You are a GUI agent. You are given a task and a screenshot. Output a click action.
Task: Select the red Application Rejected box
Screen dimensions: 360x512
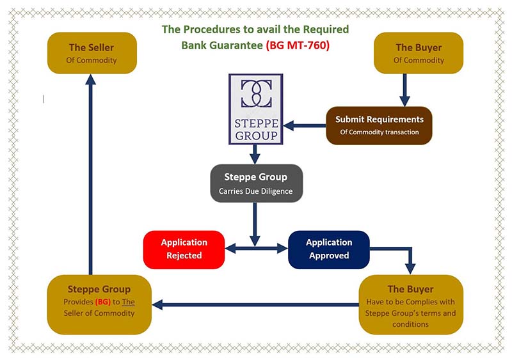pos(184,249)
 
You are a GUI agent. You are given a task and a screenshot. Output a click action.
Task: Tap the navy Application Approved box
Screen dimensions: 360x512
pos(329,249)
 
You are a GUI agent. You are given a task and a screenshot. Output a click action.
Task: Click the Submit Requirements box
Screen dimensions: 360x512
pos(379,125)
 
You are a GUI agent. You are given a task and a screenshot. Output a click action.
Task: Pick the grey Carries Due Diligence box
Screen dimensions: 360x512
pos(256,183)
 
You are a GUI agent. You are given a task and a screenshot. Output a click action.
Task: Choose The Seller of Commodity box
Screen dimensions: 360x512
pos(92,53)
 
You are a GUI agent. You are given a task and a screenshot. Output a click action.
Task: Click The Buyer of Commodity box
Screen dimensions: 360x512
pos(419,53)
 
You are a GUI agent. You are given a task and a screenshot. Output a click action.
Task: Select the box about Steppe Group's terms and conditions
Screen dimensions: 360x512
pos(410,304)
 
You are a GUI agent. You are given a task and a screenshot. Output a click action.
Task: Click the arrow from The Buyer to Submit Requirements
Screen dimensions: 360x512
pos(404,90)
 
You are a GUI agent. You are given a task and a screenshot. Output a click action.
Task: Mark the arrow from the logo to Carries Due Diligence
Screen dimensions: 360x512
pos(255,154)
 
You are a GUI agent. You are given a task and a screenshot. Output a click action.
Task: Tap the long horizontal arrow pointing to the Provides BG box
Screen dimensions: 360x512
pos(256,305)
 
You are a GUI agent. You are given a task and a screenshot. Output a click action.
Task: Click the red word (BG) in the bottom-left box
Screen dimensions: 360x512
pos(103,301)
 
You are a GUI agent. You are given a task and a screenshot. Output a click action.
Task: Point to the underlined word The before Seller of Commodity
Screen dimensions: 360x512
pos(129,301)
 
